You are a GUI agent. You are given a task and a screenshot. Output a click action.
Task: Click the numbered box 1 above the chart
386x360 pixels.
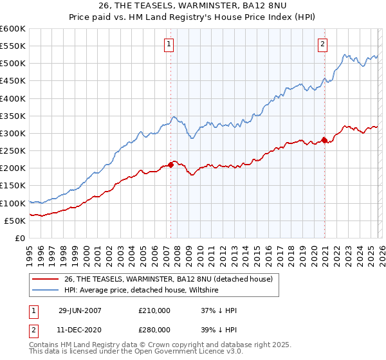click(x=169, y=44)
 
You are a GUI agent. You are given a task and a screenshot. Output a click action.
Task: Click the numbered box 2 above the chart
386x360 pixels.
click(x=322, y=44)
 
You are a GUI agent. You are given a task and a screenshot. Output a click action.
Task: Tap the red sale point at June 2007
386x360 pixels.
click(x=171, y=165)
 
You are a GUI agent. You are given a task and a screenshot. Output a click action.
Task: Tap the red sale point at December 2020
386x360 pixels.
click(x=324, y=140)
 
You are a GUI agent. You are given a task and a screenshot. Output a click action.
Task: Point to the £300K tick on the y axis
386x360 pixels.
click(x=13, y=134)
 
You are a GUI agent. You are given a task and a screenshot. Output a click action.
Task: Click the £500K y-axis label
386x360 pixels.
click(x=13, y=64)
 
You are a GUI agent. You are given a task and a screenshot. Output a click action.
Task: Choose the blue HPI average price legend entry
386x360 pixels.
click(x=142, y=291)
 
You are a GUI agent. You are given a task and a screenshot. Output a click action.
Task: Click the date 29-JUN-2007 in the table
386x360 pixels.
click(x=80, y=310)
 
